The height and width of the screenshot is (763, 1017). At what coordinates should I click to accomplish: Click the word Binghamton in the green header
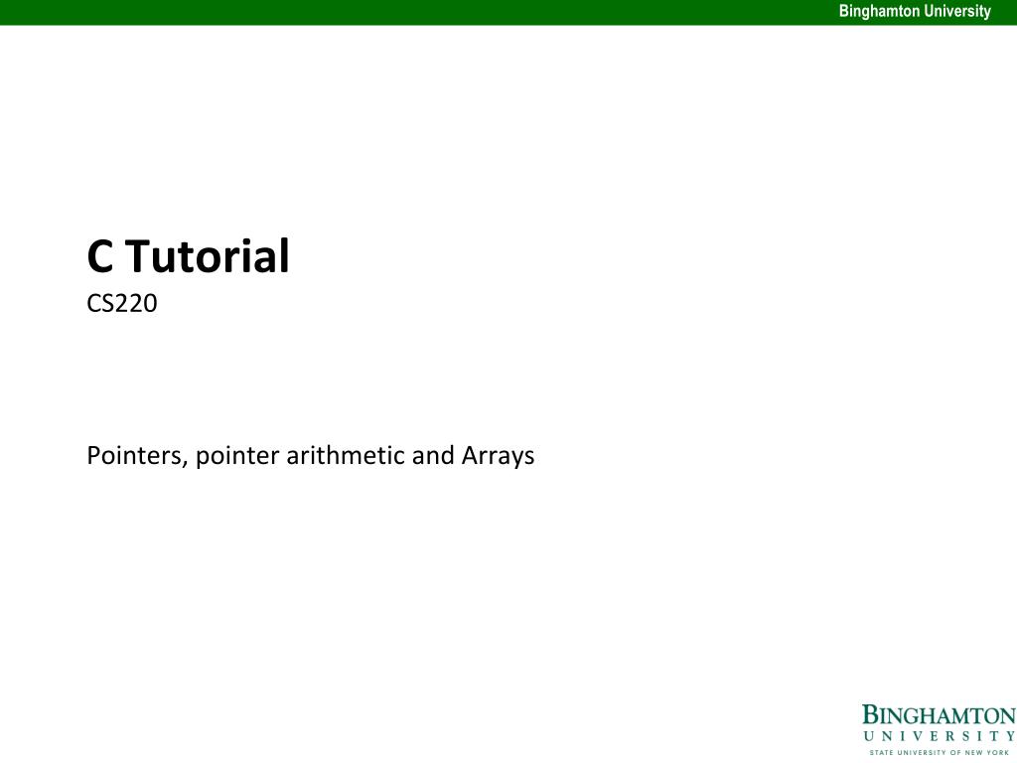[878, 12]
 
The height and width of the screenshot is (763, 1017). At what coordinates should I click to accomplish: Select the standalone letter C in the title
[99, 256]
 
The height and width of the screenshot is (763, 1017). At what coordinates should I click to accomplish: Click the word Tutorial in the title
[207, 256]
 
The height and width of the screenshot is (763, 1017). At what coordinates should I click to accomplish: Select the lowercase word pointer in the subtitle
[236, 456]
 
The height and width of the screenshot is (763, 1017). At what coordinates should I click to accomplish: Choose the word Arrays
[498, 456]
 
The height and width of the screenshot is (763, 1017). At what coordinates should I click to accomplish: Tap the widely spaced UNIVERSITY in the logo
[939, 736]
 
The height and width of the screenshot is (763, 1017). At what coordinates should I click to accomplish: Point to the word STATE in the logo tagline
[880, 752]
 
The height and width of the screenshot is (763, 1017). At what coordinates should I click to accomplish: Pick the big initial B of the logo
[870, 715]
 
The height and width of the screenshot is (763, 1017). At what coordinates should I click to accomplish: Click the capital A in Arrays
[471, 456]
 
